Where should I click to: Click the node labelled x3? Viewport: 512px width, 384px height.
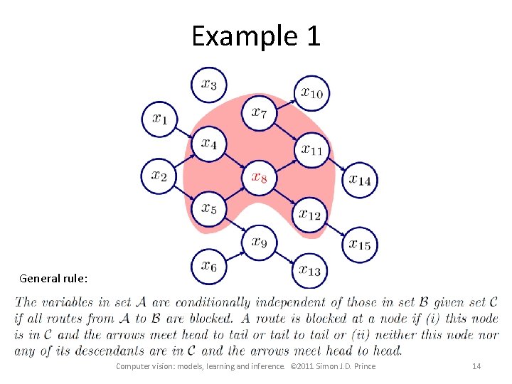pyautogui.click(x=208, y=85)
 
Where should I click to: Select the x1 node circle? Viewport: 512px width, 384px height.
pyautogui.click(x=160, y=119)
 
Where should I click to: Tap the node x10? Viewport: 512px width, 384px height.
pyautogui.click(x=312, y=92)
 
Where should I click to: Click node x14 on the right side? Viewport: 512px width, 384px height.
pyautogui.click(x=360, y=179)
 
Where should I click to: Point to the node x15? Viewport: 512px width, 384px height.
pyautogui.click(x=360, y=245)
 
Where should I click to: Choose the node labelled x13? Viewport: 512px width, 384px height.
pyautogui.click(x=310, y=270)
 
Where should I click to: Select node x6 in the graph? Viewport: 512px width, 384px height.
pyautogui.click(x=208, y=267)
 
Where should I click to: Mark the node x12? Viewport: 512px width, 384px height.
pyautogui.click(x=310, y=213)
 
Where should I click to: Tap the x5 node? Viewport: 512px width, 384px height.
pyautogui.click(x=208, y=208)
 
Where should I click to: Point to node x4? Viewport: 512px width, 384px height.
pyautogui.click(x=208, y=144)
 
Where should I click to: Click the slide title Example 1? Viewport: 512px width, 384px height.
pyautogui.click(x=255, y=36)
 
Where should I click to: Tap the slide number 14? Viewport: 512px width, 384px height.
pyautogui.click(x=476, y=366)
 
